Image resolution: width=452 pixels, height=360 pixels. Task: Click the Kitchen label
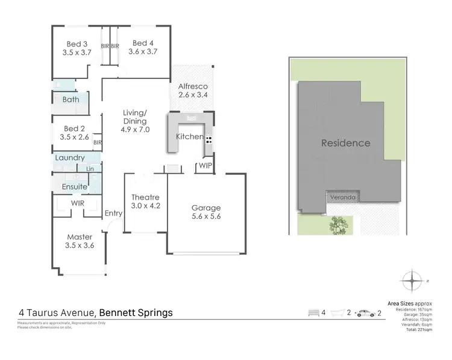click(189, 137)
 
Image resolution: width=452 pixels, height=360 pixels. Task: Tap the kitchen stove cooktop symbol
click(209, 139)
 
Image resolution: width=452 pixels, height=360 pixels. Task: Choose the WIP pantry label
click(205, 165)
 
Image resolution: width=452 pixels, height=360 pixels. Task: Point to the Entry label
click(113, 213)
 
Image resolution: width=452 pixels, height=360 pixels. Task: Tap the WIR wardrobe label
click(78, 204)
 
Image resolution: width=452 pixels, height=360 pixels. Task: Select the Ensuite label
click(75, 187)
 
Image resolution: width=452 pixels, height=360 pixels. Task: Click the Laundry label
click(70, 158)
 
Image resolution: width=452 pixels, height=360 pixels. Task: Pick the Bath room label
click(71, 99)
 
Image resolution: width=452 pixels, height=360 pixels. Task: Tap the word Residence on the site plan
click(345, 143)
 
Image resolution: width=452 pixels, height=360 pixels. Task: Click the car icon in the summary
click(366, 313)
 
